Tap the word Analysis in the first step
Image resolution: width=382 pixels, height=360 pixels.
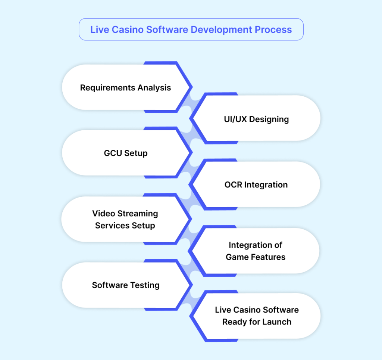pyautogui.click(x=154, y=88)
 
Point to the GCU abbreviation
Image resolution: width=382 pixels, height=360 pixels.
pyautogui.click(x=113, y=153)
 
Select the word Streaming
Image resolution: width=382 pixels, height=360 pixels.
pyautogui.click(x=138, y=214)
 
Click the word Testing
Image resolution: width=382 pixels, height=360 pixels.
pyautogui.click(x=143, y=285)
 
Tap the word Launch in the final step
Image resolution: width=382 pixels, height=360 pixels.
pyautogui.click(x=278, y=322)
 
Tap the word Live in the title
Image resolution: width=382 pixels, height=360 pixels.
pyautogui.click(x=98, y=30)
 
